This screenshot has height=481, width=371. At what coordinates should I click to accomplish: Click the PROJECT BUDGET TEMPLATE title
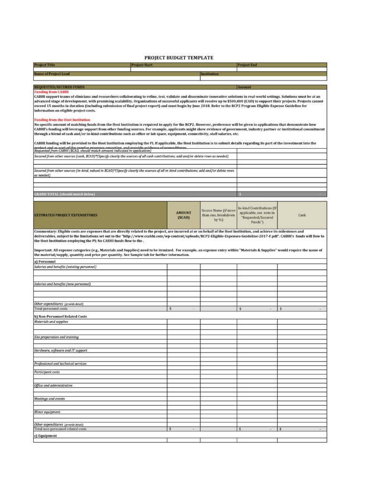[x=178, y=57]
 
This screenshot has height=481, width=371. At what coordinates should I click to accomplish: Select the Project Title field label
[x=45, y=65]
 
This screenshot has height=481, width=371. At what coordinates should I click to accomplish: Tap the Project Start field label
[x=142, y=65]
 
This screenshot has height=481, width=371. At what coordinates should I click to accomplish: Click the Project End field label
[x=247, y=65]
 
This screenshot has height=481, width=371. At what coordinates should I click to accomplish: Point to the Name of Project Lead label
[x=52, y=74]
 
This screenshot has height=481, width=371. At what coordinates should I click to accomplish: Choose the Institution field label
[x=210, y=74]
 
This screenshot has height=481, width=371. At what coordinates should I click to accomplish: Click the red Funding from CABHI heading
[x=51, y=92]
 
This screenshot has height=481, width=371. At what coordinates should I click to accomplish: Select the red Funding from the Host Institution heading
[x=62, y=120]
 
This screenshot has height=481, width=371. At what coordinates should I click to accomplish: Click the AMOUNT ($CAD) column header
[x=184, y=215]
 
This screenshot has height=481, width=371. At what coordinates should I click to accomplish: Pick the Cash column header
[x=302, y=215]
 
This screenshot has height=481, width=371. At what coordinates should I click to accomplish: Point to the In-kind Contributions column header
[x=257, y=215]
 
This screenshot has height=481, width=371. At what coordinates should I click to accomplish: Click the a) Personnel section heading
[x=45, y=261]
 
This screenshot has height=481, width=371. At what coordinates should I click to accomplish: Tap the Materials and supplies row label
[x=51, y=321]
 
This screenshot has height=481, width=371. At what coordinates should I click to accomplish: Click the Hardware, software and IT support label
[x=61, y=350]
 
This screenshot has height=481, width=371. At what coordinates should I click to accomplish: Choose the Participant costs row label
[x=47, y=372]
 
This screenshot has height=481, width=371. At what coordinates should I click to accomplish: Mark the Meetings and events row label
[x=49, y=399]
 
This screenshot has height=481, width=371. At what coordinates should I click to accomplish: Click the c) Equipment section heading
[x=46, y=436]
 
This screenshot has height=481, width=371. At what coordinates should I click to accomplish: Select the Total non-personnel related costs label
[x=60, y=429]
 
